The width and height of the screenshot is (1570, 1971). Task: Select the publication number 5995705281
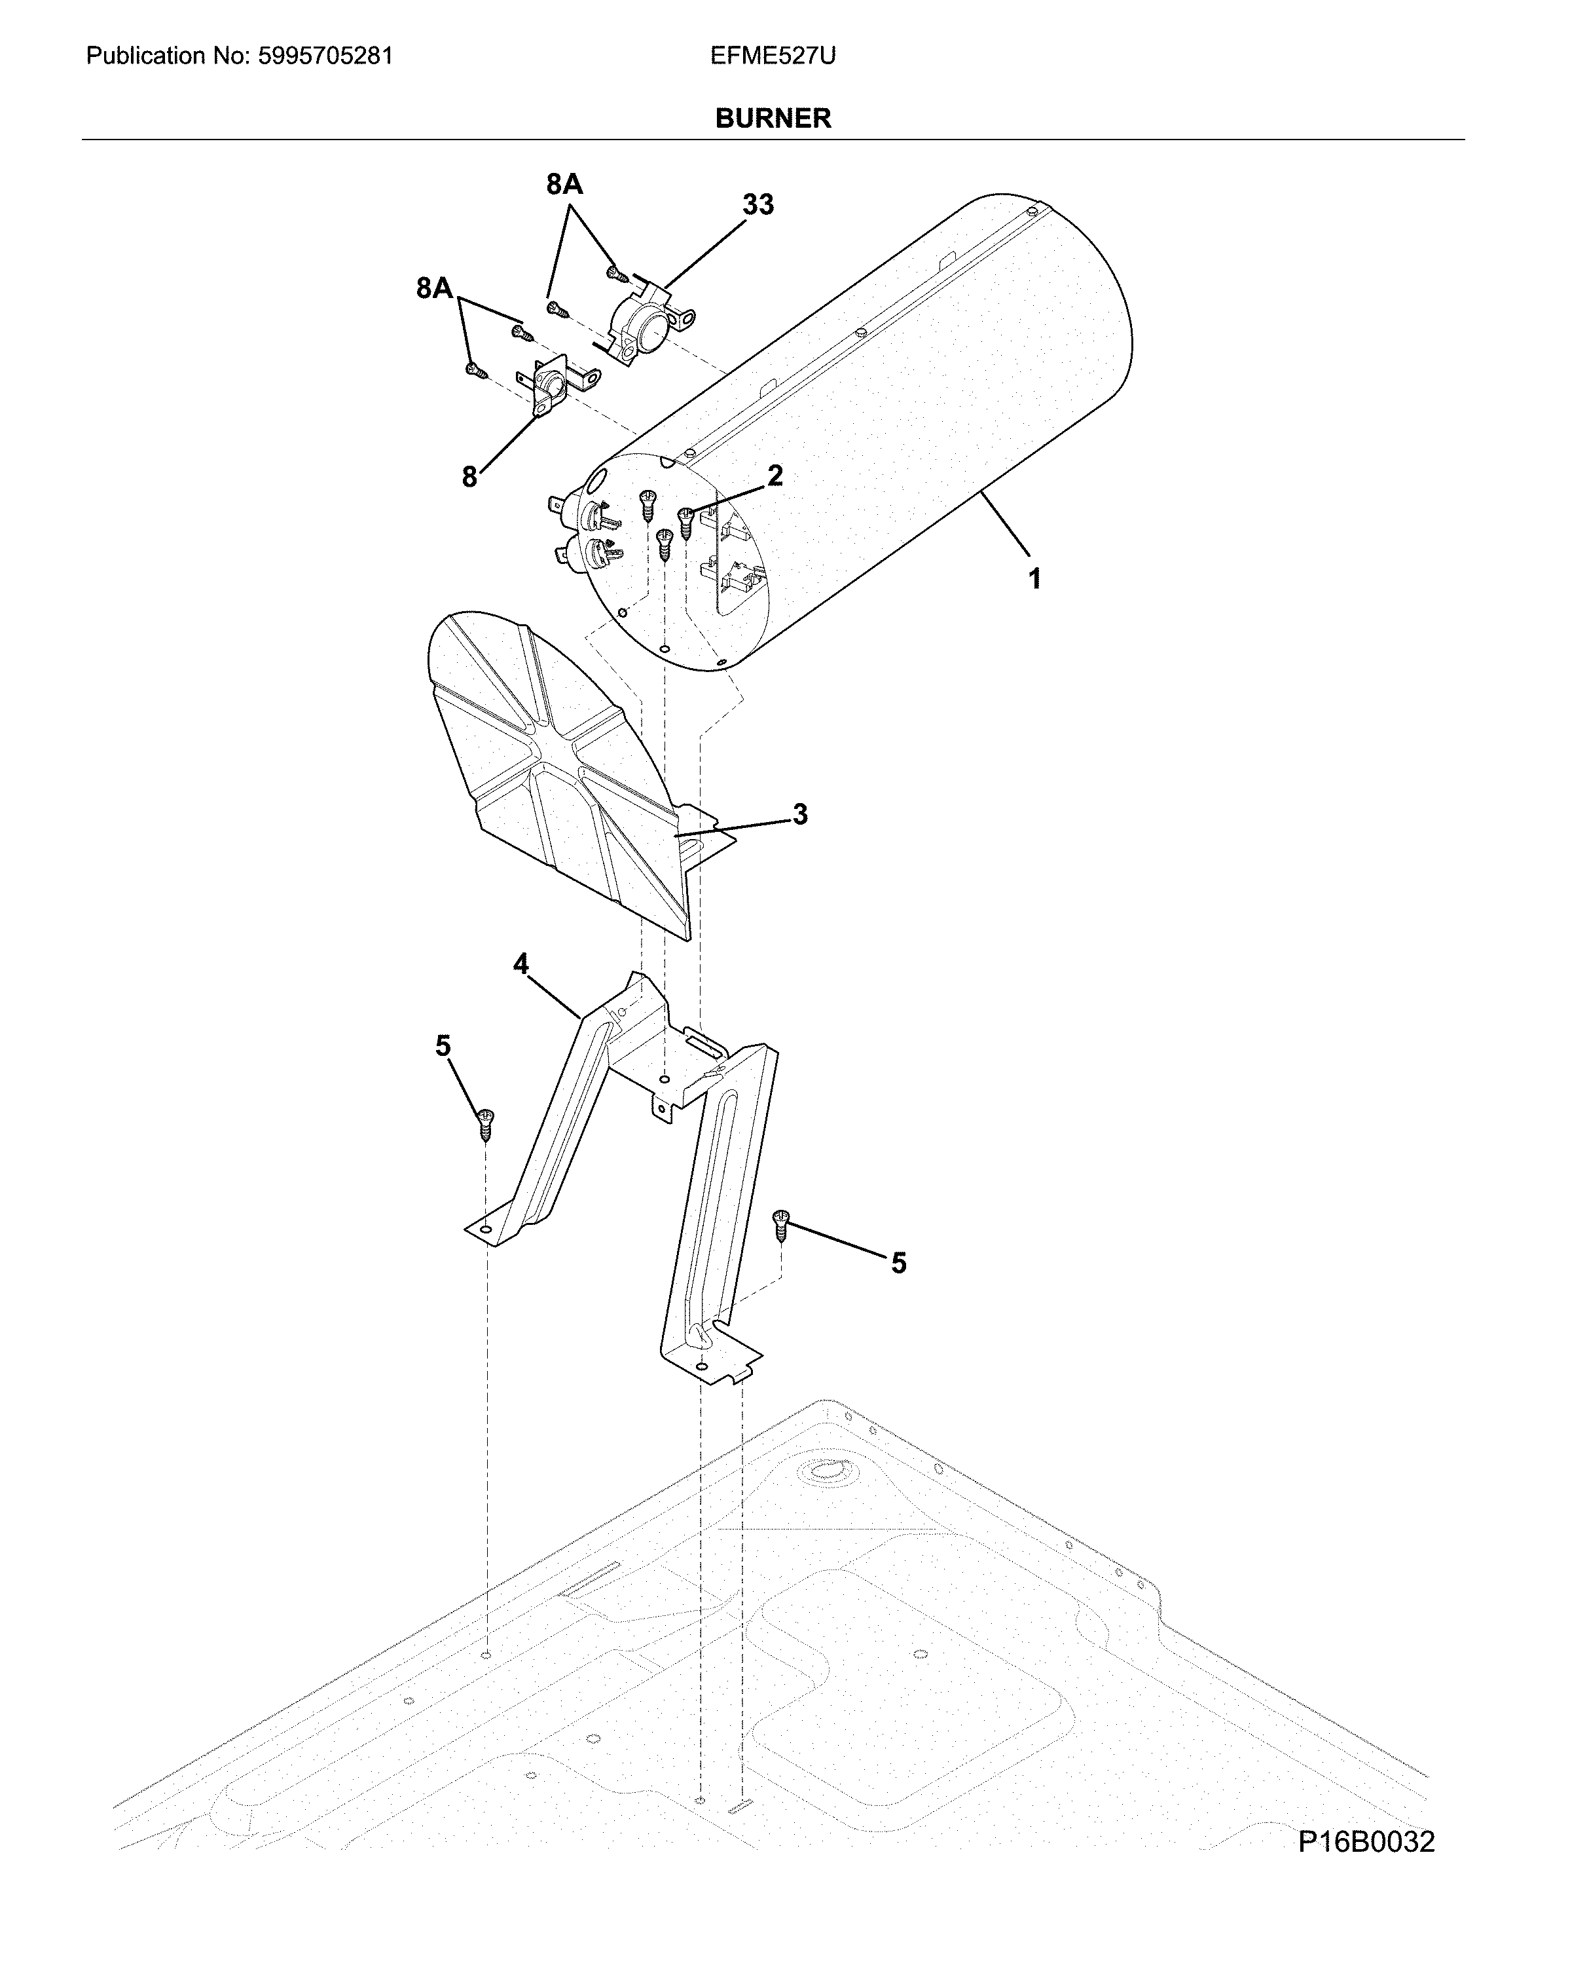(325, 57)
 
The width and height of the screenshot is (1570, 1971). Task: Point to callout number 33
(758, 205)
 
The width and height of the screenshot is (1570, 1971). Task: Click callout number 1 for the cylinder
(1034, 578)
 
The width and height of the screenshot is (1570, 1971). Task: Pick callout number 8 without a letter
(469, 476)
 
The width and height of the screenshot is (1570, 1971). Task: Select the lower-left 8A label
(434, 289)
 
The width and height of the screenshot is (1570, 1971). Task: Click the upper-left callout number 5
(443, 1046)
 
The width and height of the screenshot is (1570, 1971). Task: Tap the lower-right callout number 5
(898, 1264)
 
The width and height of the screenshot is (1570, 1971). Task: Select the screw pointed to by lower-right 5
(780, 1224)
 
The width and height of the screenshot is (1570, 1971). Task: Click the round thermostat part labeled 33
(644, 324)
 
